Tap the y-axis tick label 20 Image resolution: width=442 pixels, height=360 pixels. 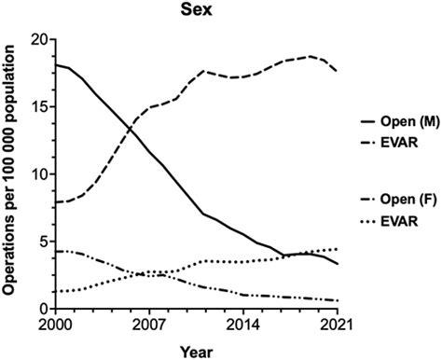point(38,40)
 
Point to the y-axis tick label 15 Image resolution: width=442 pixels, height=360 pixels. point(38,107)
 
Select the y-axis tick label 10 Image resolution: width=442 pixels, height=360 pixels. point(38,174)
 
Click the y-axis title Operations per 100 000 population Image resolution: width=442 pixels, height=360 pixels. point(12,173)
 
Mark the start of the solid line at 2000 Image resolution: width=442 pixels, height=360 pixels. point(57,65)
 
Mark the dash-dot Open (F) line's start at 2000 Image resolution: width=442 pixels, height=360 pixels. point(57,251)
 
